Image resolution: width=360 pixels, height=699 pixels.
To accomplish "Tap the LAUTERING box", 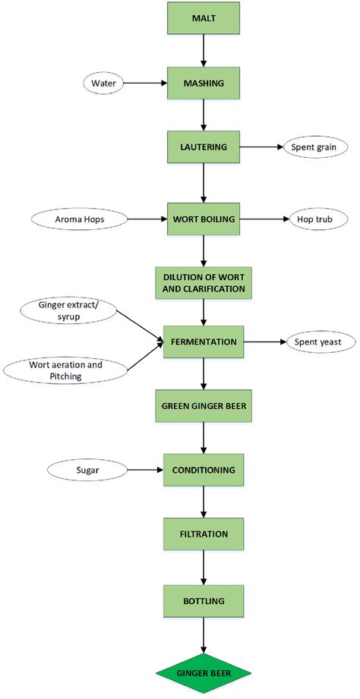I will [x=204, y=147].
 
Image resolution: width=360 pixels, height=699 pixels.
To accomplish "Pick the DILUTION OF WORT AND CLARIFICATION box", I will [x=204, y=282].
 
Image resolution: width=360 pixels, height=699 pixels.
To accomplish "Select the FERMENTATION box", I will [x=204, y=342].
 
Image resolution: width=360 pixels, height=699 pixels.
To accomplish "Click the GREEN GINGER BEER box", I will [x=204, y=407].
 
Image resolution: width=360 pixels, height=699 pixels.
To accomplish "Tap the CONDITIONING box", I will [x=204, y=470].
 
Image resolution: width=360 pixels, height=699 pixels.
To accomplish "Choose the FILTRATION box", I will [x=204, y=534].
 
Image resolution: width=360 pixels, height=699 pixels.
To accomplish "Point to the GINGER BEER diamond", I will [x=204, y=672].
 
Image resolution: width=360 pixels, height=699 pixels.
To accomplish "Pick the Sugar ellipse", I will [x=85, y=470].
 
